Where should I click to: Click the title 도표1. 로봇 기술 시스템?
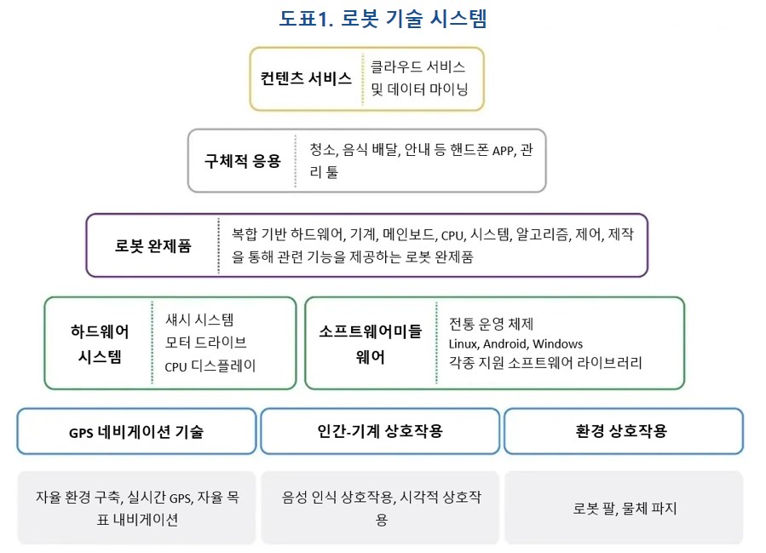pos(383,20)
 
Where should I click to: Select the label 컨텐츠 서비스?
pos(306,78)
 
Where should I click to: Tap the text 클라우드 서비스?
pos(418,67)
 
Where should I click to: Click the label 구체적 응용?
pos(243,161)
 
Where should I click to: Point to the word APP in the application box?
pos(504,151)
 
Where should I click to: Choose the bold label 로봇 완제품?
pos(153,245)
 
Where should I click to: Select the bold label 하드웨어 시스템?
pos(100,344)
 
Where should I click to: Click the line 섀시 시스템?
pos(199,320)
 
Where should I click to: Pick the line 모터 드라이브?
pos(205,343)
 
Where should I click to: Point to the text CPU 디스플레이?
pos(210,366)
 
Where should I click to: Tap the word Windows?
pos(557,344)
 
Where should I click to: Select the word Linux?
pos(464,344)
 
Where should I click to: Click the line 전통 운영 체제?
pos(491,324)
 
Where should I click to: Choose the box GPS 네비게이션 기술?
pos(137,431)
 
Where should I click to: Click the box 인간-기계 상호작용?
pos(380,431)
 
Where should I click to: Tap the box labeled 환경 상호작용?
pos(624,431)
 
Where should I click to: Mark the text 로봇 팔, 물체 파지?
pos(625,509)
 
